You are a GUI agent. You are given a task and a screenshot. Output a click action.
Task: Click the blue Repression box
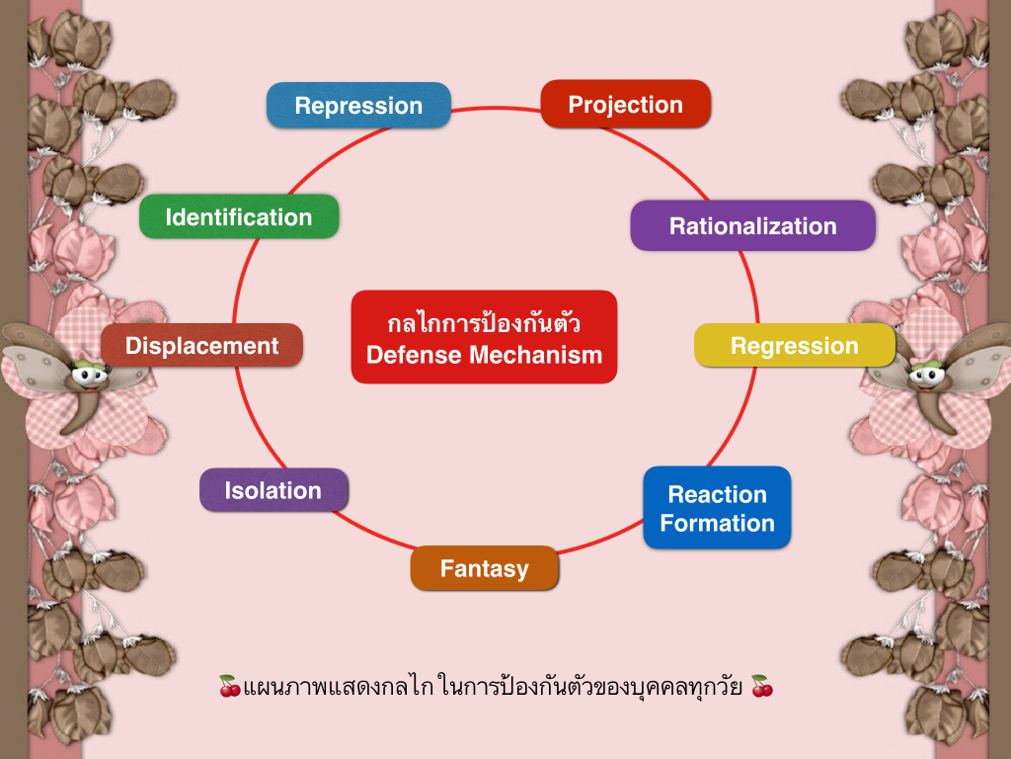coord(358,105)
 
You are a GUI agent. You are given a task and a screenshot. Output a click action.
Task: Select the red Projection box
coord(626,104)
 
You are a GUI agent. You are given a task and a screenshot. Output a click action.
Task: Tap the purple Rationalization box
coord(752,225)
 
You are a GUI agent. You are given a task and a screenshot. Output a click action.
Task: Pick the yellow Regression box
coord(795,345)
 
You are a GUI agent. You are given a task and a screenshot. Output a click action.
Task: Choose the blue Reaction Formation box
coord(717,508)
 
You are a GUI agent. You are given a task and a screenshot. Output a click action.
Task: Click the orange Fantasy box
coord(484,568)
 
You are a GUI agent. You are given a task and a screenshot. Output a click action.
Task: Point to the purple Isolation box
coord(273,490)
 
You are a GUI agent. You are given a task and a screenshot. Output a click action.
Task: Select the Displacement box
coord(201,345)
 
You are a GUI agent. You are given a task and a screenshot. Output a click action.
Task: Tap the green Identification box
coord(239,216)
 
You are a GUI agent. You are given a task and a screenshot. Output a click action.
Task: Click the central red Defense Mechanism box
coord(484,337)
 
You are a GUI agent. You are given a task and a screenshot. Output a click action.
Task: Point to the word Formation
coord(717,523)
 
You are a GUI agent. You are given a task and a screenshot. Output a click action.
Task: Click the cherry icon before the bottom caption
coord(229,685)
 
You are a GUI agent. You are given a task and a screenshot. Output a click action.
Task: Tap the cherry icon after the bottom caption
coord(761,685)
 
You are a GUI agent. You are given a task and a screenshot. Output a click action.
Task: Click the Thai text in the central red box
coord(484,323)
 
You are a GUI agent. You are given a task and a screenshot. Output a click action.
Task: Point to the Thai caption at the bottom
coord(494,685)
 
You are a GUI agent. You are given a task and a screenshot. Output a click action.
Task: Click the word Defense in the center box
coord(416,355)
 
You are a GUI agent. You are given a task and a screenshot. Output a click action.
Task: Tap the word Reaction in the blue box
coord(717,494)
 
